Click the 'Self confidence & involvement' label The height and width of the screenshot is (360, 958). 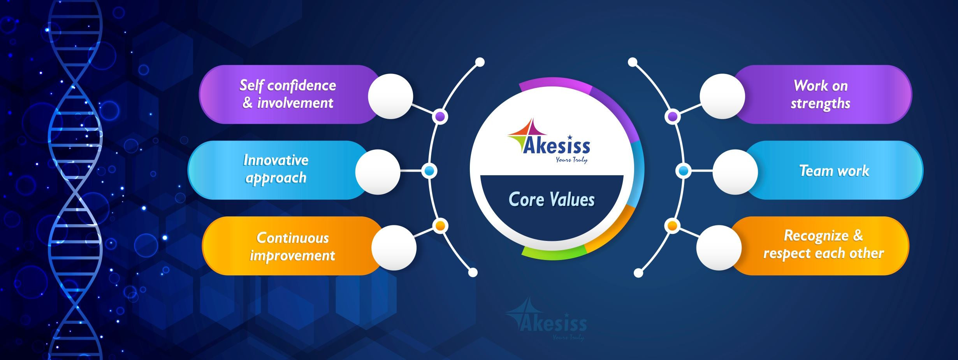(288, 94)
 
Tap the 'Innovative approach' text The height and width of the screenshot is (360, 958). (276, 169)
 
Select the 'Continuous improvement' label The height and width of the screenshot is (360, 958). (292, 247)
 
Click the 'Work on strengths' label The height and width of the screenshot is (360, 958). (821, 95)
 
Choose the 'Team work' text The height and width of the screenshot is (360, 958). (834, 171)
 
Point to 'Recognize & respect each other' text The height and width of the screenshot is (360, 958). (823, 244)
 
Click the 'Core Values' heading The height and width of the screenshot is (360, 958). (552, 200)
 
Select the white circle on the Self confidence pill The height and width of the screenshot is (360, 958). (390, 97)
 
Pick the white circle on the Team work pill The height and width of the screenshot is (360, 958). (735, 172)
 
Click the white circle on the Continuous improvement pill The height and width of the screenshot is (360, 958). (394, 248)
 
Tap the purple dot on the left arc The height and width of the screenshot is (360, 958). (440, 116)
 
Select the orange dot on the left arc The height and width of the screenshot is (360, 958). (440, 226)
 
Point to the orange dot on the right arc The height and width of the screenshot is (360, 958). (672, 226)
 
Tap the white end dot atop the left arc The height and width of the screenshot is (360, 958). (480, 62)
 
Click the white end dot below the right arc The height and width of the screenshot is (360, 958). (638, 273)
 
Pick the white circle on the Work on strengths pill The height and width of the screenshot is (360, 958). (722, 97)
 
